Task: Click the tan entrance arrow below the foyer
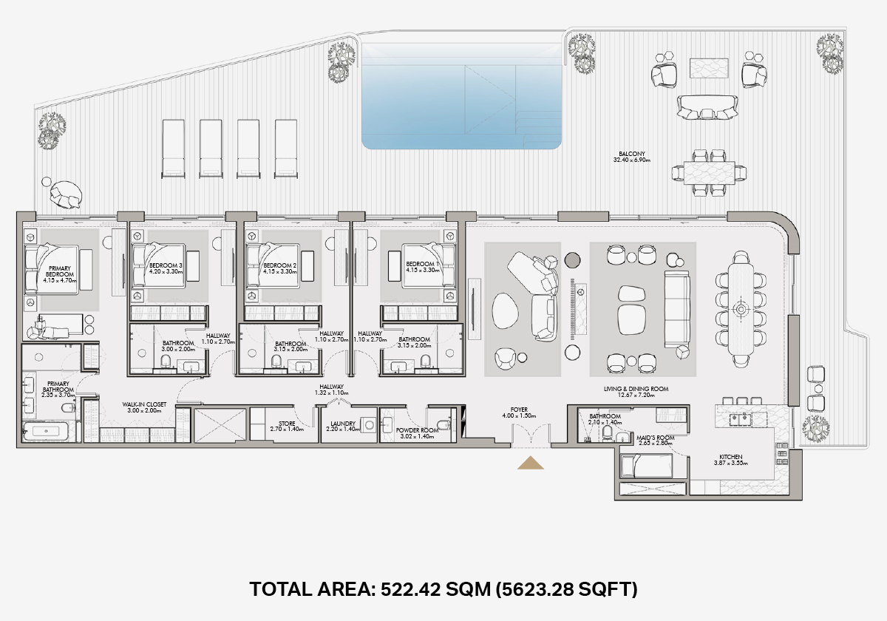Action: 531,463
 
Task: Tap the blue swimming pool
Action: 462,96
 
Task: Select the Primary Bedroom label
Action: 60,271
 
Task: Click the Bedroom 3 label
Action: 166,265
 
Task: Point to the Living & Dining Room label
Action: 636,389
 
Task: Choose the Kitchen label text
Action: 731,457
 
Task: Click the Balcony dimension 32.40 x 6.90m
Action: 632,160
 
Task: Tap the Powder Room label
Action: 418,430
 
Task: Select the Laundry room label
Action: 343,424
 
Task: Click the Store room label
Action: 287,424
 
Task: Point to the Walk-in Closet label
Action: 144,404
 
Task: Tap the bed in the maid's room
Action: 647,466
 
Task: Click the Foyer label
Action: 519,410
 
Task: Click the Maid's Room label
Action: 656,438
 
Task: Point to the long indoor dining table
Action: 741,310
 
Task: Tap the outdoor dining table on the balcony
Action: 709,173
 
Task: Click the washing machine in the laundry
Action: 369,425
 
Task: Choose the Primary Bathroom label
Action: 58,387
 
